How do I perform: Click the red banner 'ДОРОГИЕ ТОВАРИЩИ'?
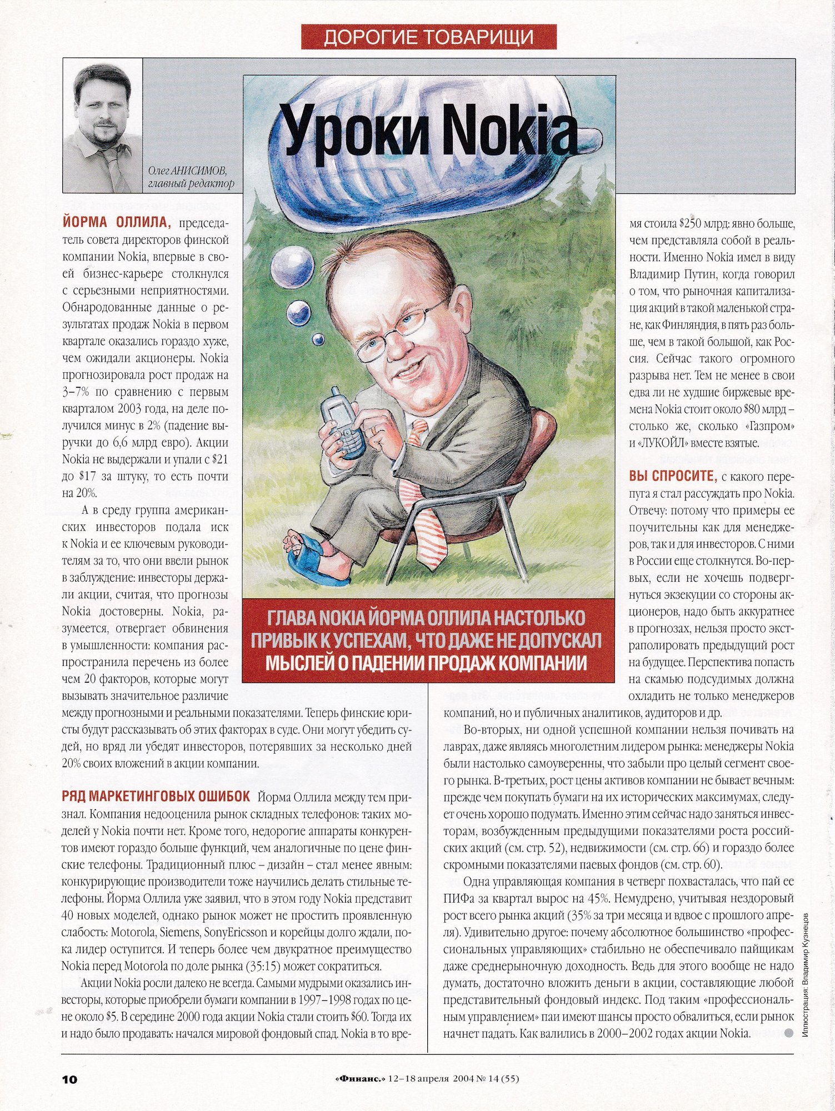coord(428,37)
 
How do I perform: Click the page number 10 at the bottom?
coord(70,1079)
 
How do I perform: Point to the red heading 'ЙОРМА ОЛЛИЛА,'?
coord(117,223)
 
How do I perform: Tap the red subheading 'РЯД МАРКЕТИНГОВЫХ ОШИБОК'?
coord(156,797)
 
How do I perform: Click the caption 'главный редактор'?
coord(191,183)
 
